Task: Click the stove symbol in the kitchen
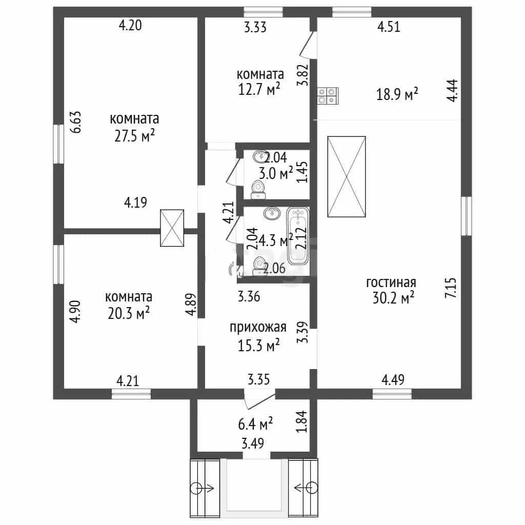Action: pyautogui.click(x=328, y=96)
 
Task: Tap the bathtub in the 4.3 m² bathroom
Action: pyautogui.click(x=297, y=236)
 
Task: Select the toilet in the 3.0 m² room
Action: pyautogui.click(x=258, y=190)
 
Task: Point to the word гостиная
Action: pyautogui.click(x=391, y=282)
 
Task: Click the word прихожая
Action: pyautogui.click(x=258, y=327)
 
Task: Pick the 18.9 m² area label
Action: pyautogui.click(x=397, y=94)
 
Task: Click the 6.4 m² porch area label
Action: pyautogui.click(x=255, y=424)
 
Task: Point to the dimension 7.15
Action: pyautogui.click(x=451, y=288)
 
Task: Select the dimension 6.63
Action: pyautogui.click(x=76, y=122)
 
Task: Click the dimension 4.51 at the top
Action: pyautogui.click(x=389, y=27)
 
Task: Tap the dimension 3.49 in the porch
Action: pyautogui.click(x=253, y=443)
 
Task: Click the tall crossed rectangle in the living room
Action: pyautogui.click(x=347, y=176)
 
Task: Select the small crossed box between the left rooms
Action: pyautogui.click(x=172, y=228)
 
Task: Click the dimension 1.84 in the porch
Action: pyautogui.click(x=302, y=421)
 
